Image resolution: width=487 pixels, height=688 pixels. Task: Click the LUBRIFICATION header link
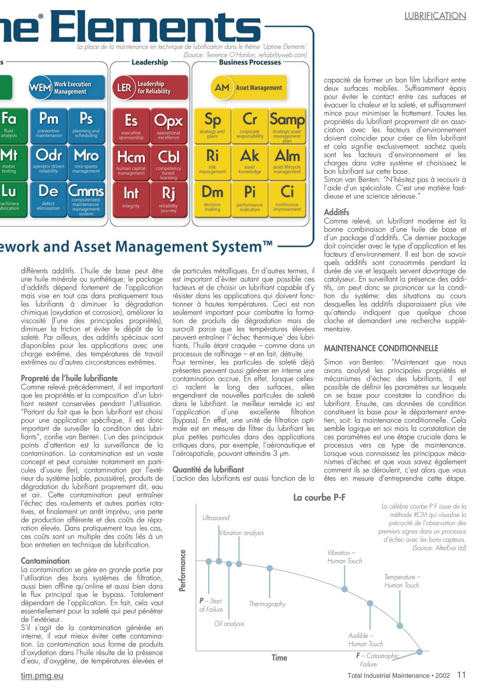(x=435, y=16)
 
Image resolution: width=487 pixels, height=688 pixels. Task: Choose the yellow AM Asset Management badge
(x=249, y=87)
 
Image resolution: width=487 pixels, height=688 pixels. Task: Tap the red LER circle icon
(x=124, y=87)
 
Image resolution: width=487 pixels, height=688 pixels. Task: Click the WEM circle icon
(x=40, y=87)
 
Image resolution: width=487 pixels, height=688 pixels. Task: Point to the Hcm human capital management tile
(x=131, y=162)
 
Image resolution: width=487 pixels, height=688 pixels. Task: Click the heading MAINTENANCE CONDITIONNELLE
(x=381, y=348)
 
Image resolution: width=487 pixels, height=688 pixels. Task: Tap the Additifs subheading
(x=336, y=212)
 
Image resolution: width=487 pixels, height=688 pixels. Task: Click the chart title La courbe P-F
(x=319, y=497)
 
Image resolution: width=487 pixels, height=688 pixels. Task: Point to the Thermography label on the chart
(x=267, y=604)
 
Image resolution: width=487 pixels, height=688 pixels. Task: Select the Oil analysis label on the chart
(x=229, y=624)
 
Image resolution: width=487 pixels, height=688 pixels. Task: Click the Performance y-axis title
(x=183, y=570)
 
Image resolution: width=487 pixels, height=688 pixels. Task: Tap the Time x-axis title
(x=279, y=658)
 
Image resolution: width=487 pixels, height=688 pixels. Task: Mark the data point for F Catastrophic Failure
(x=419, y=652)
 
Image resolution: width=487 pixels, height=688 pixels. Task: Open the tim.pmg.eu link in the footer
(x=42, y=676)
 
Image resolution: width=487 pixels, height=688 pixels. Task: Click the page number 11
(x=461, y=675)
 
